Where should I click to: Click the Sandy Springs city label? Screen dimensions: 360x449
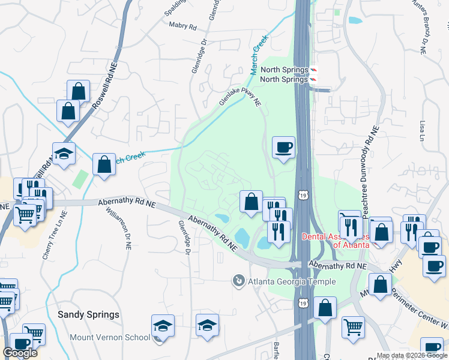[x=88, y=314]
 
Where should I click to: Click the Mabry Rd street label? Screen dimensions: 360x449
[x=183, y=27]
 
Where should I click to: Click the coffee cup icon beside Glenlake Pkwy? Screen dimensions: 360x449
[x=283, y=146]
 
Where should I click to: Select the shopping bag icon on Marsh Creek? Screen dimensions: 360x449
[x=104, y=164]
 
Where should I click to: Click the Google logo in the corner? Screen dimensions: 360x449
[x=20, y=353]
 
